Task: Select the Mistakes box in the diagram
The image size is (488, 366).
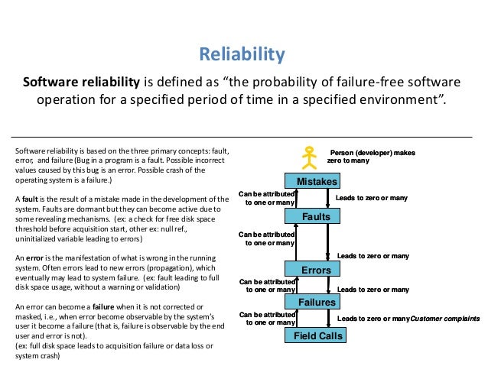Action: click(x=311, y=181)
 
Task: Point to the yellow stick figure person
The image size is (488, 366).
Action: click(x=309, y=156)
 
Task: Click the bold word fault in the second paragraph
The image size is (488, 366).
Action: click(x=31, y=198)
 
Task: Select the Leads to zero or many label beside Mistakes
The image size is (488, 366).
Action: click(x=373, y=198)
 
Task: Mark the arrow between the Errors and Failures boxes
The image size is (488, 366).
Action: click(x=330, y=285)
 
